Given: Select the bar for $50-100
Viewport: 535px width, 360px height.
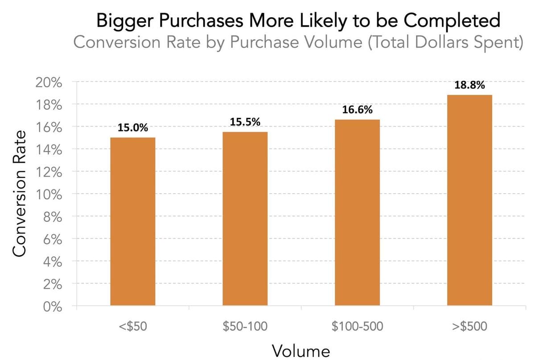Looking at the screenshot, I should [245, 219].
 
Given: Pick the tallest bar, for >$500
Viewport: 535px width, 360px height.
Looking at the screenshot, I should [469, 200].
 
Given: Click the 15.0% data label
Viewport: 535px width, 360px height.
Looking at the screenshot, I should [132, 128].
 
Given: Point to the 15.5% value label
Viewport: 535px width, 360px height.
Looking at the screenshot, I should [245, 121].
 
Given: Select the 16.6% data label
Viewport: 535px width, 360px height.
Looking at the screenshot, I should [357, 109].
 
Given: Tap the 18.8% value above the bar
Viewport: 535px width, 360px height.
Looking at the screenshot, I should [469, 85].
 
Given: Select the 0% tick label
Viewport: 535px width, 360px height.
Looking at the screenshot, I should [54, 307].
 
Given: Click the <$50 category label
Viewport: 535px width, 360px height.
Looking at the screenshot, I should [132, 326].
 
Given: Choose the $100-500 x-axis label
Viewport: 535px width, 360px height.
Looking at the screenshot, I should [357, 326].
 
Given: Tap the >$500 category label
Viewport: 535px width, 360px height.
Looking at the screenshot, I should [469, 326].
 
